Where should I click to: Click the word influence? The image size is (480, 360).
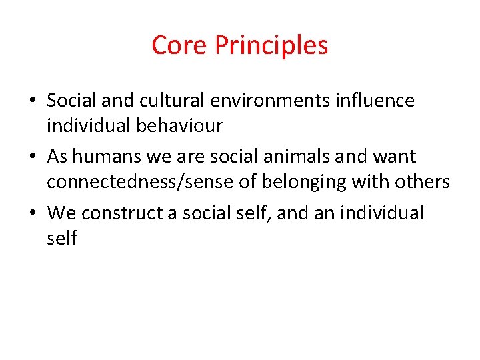click(376, 101)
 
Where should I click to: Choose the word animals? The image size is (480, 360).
click(293, 157)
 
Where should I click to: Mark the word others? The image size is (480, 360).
click(423, 181)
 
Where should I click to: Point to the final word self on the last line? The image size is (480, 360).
click(61, 238)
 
